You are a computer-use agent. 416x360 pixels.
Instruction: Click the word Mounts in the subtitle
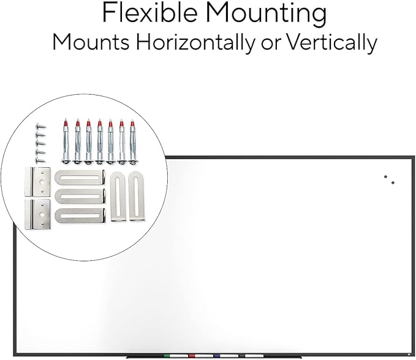click(91, 42)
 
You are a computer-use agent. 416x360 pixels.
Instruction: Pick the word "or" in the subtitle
click(271, 44)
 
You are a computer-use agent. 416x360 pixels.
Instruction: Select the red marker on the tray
click(201, 356)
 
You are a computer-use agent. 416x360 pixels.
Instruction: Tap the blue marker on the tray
click(226, 356)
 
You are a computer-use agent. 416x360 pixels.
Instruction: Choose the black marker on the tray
click(251, 356)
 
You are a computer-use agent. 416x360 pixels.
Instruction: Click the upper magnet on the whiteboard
click(385, 176)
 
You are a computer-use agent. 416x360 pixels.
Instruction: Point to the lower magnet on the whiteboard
click(393, 182)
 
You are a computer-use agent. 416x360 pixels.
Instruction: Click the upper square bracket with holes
click(37, 182)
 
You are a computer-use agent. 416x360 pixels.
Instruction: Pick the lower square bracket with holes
click(37, 214)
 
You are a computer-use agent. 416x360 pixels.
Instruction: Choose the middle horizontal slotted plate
click(80, 196)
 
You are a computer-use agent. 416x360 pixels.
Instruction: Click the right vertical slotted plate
click(137, 196)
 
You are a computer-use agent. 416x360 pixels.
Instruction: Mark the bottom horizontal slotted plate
click(80, 216)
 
